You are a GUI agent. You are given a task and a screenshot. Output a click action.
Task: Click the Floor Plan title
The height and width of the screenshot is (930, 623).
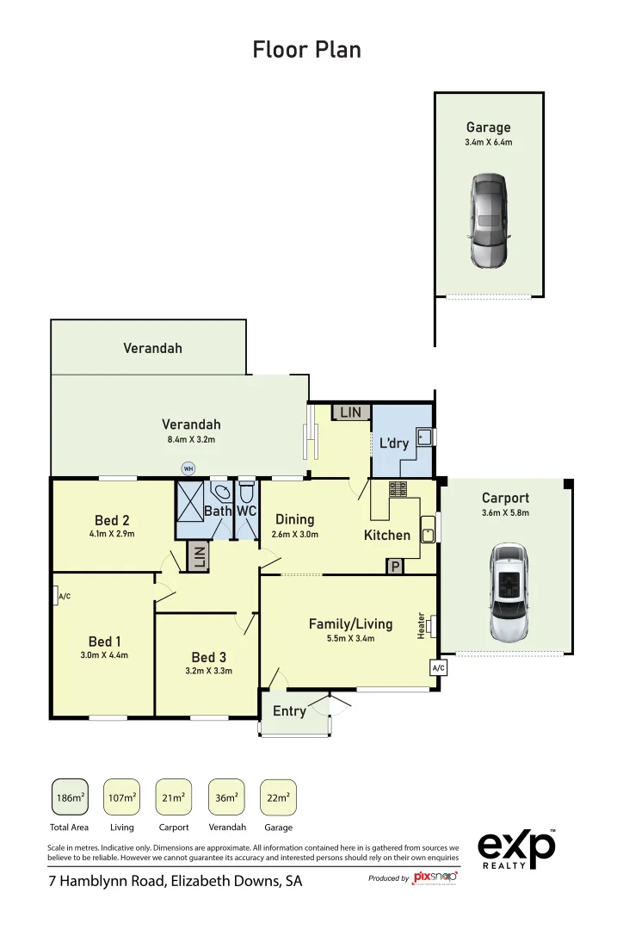pos(306,50)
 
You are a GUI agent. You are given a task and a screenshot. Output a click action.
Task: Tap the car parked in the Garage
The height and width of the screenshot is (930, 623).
pos(488,220)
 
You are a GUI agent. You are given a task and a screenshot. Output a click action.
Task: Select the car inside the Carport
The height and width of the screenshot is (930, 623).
pos(508,592)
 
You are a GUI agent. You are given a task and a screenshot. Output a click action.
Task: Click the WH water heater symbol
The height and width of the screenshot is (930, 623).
pos(188,468)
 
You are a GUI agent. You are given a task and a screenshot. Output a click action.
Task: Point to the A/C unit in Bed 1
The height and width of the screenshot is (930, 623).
pos(64,596)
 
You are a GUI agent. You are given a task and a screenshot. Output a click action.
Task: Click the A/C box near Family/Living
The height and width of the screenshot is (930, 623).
pos(438,667)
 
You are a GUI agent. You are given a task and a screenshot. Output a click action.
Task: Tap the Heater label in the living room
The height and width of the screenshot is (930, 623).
pos(422,625)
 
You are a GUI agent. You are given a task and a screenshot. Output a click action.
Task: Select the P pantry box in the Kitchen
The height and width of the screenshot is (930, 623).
pos(395,567)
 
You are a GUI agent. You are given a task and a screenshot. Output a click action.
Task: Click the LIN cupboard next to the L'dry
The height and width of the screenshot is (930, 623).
pos(350,412)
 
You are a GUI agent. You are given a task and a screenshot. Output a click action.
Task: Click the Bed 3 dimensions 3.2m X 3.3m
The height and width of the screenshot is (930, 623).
pos(209,671)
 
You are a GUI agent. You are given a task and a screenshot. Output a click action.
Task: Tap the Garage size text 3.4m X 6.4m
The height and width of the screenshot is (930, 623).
pos(488,142)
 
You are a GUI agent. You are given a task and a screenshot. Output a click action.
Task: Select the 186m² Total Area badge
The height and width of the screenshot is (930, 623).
pos(70,797)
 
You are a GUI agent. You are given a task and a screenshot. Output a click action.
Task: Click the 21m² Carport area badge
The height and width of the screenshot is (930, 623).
pos(174,797)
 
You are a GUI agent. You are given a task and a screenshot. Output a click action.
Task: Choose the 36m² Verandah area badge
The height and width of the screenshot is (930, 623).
pos(226,797)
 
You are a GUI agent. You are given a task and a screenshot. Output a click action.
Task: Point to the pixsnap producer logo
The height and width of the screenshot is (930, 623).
pos(435,877)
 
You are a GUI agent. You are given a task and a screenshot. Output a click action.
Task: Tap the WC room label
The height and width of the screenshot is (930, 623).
pos(247,511)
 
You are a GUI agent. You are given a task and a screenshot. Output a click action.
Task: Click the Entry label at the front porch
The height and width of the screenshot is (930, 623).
pos(289,711)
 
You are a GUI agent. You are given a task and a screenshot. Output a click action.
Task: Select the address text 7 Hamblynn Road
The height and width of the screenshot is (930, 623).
pos(175,882)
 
